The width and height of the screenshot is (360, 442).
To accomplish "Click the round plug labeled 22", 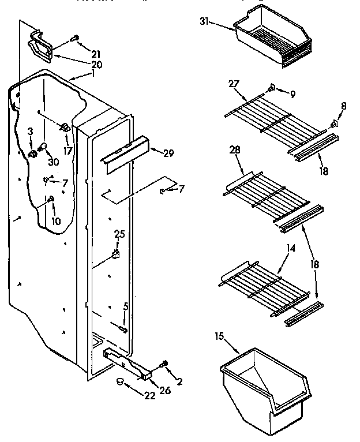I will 119,381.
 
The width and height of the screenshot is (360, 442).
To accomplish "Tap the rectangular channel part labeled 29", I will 123,154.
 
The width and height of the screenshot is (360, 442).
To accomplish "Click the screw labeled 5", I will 122,329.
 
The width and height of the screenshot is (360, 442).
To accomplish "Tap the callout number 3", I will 30,132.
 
